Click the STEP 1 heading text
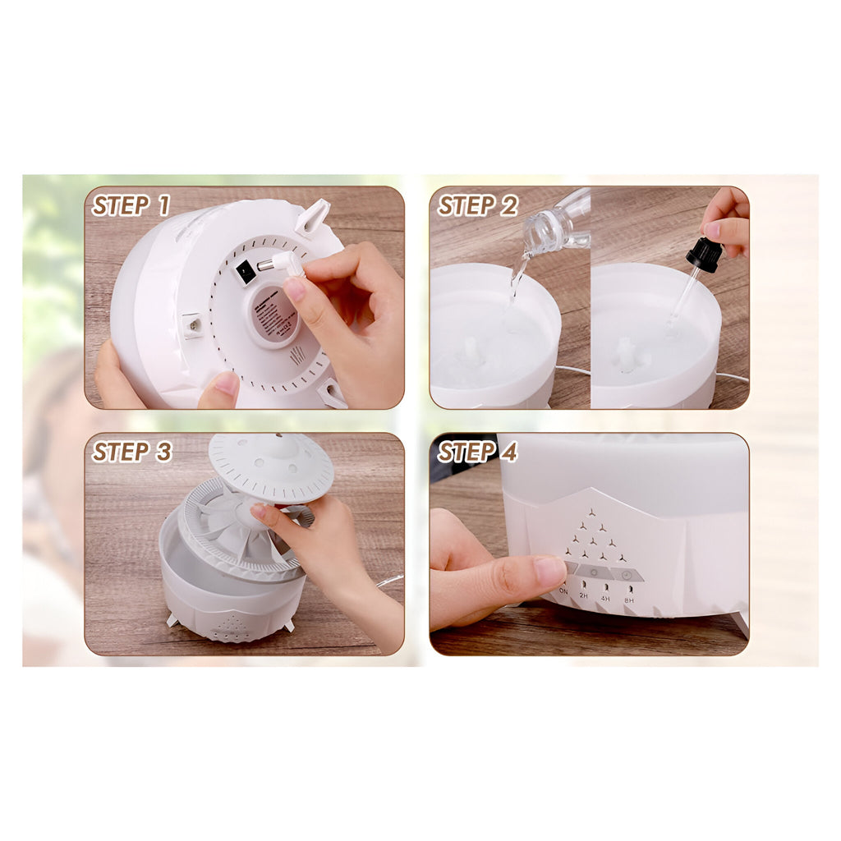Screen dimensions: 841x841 click(131, 205)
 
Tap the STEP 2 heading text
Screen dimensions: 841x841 click(477, 205)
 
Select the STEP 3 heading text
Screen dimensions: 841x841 click(131, 452)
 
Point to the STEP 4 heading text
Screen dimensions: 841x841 click(477, 452)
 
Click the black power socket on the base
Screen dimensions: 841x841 click(245, 273)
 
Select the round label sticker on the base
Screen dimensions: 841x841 click(274, 316)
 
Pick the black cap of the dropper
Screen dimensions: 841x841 click(704, 255)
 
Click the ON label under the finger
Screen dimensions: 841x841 click(563, 591)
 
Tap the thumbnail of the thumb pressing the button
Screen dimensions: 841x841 click(549, 570)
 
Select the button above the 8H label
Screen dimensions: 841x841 click(627, 574)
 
